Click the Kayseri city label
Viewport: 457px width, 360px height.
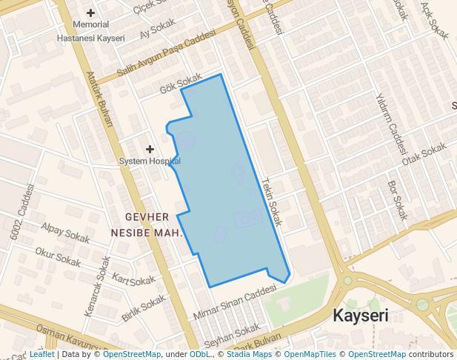361,316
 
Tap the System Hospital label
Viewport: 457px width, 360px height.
150,161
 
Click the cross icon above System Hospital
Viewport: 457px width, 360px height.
150,150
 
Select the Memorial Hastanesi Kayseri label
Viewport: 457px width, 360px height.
91,31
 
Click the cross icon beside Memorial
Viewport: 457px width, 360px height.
91,13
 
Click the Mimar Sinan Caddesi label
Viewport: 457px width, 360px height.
233,304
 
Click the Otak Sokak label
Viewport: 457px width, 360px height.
425,154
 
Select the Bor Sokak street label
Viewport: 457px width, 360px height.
398,200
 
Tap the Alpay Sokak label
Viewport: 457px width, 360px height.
65,233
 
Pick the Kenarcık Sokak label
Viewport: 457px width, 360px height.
97,287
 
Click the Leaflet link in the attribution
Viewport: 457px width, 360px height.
41,355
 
